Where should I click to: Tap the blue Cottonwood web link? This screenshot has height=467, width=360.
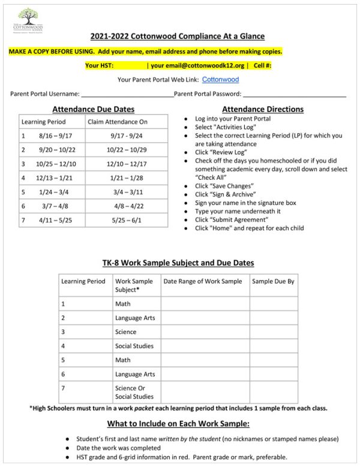[x=220, y=79]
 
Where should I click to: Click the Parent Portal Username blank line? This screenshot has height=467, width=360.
[x=127, y=94]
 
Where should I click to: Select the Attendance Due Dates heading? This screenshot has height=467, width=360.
[x=93, y=109]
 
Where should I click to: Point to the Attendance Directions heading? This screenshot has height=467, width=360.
[x=262, y=109]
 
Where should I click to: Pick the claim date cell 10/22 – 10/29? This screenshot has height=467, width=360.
[x=126, y=149]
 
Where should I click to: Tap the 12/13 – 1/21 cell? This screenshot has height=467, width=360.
[x=53, y=177]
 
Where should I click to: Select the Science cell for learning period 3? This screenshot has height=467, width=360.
[x=126, y=332]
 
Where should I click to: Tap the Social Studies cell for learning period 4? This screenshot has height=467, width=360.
[x=134, y=346]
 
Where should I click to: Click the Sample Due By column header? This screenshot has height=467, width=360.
[x=273, y=281]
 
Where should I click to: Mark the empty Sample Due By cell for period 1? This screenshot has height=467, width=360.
[x=274, y=304]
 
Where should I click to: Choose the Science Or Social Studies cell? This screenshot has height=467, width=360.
[x=134, y=392]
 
